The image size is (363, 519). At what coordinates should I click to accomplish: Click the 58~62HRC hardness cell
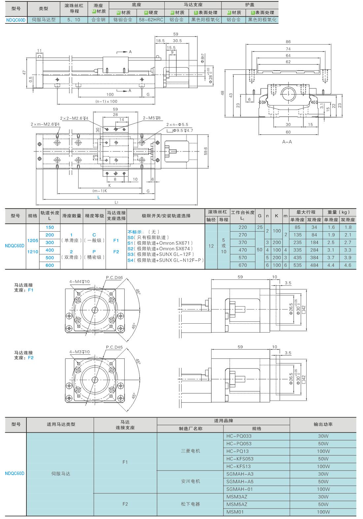pos(151,20)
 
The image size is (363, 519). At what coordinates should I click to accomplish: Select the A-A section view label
pos(287,142)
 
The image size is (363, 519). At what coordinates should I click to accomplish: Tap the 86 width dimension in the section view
pos(288,42)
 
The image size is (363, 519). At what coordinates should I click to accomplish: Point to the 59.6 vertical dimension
pos(206,151)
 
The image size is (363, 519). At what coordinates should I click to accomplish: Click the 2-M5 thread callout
pos(151,118)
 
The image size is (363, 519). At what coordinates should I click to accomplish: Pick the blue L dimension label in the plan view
pos(99,197)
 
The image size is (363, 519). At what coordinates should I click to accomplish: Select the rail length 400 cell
pos(49,250)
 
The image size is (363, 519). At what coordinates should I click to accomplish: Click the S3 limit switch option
pos(161,254)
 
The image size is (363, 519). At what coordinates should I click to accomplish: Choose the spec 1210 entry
pos(33,252)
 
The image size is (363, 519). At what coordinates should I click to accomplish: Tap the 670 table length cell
pos(243,265)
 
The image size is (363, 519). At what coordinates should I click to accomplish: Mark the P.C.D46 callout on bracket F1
pos(114,277)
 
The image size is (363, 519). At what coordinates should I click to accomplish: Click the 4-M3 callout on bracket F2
pos(80,352)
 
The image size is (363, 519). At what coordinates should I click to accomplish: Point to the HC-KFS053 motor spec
pos(240,459)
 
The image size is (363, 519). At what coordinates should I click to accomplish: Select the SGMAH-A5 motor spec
pos(240,482)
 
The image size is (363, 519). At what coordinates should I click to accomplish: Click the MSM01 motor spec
pos(235,512)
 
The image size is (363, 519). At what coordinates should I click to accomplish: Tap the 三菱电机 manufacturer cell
pos(190,451)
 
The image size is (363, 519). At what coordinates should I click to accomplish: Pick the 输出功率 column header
pos(323,424)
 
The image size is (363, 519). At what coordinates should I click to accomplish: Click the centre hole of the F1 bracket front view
pos(95,310)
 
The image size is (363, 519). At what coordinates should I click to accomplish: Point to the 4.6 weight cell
pos(348,265)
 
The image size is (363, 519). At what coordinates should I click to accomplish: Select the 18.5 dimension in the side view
pos(160,41)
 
